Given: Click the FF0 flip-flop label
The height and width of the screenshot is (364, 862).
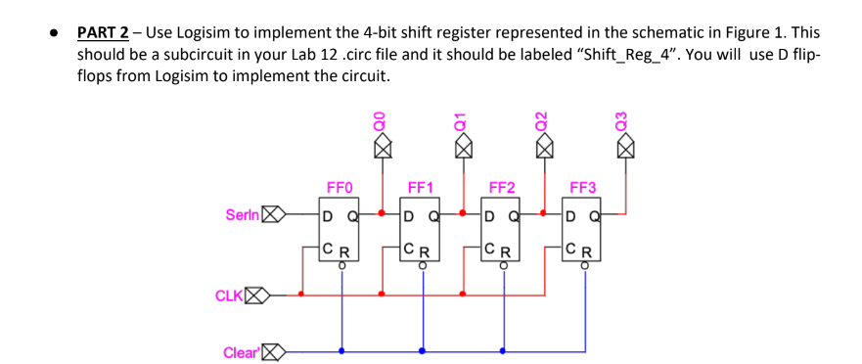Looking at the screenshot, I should coord(339,188).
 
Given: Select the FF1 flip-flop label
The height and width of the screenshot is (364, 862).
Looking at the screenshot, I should coord(421,188).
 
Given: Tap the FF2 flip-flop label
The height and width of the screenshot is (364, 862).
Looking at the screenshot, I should coord(501,188).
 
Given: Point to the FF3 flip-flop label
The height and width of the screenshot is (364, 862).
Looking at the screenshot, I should coord(582,188).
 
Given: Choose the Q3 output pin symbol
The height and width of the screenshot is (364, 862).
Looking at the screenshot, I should coord(626,148).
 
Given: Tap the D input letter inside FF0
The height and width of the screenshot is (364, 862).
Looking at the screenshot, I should coord(329,214).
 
